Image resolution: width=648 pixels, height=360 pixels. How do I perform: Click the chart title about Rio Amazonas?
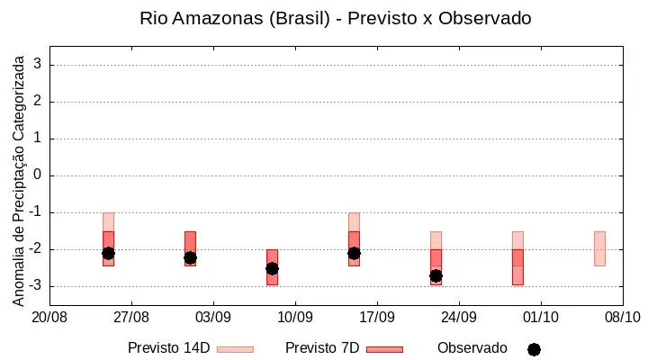[335, 18]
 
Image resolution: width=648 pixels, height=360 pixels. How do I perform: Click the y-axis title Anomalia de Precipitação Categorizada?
[18, 181]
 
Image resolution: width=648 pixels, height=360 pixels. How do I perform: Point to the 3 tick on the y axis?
[38, 64]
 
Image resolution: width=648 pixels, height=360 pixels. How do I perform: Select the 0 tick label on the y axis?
[38, 175]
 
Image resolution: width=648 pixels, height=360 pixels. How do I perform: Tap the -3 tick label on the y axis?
[35, 285]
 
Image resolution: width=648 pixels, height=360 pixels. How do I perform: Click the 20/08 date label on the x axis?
[49, 318]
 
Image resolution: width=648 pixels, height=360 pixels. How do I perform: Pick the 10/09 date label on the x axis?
[295, 318]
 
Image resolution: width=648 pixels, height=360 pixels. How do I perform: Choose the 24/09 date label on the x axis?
[459, 318]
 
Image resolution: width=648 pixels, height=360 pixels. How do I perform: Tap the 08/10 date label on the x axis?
[623, 318]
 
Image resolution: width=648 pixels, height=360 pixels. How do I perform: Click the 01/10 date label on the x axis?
[541, 318]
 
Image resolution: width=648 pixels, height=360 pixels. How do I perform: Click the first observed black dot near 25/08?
[108, 254]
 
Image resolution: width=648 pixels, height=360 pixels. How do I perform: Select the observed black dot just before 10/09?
[272, 269]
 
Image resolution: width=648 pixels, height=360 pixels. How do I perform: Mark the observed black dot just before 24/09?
[436, 275]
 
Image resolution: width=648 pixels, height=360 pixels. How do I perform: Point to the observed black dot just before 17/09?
[355, 254]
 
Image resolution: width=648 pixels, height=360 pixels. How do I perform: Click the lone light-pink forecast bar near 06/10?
[599, 248]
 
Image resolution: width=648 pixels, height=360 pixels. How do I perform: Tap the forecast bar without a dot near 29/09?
[517, 258]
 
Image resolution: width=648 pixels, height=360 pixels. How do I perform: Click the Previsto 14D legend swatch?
[235, 349]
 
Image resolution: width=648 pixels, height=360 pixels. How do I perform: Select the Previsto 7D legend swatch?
[384, 349]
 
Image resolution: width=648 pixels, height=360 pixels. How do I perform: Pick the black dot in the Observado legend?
[534, 350]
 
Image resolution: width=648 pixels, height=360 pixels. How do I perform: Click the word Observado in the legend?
[472, 348]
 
